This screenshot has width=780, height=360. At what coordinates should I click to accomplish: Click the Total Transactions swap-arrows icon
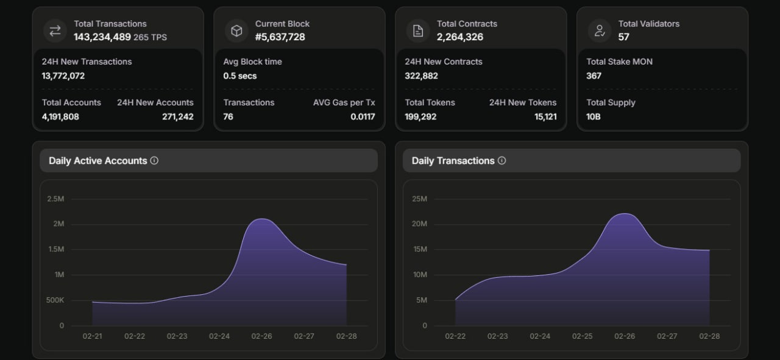pyautogui.click(x=55, y=31)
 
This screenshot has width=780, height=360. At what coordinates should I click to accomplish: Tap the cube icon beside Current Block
pyautogui.click(x=237, y=31)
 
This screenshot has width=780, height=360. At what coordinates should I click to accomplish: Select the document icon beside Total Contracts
pyautogui.click(x=418, y=31)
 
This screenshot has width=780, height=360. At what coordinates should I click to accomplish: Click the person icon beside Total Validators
pyautogui.click(x=600, y=31)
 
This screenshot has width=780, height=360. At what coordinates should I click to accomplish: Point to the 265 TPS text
pyautogui.click(x=150, y=37)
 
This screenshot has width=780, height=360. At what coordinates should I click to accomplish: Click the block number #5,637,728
pyautogui.click(x=280, y=37)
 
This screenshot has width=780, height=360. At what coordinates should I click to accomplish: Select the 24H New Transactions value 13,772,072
pyautogui.click(x=63, y=76)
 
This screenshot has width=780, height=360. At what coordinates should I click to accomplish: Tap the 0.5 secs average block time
pyautogui.click(x=240, y=76)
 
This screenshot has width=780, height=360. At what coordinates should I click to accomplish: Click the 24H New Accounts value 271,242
pyautogui.click(x=177, y=116)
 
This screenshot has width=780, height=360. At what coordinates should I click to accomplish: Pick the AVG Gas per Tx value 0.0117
pyautogui.click(x=363, y=116)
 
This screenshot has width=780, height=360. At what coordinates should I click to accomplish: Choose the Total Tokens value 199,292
pyautogui.click(x=420, y=116)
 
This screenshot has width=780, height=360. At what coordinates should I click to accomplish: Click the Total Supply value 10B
pyautogui.click(x=594, y=116)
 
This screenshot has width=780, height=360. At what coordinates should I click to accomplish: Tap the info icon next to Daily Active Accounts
pyautogui.click(x=154, y=160)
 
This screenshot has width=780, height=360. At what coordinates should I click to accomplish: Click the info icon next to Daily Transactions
pyautogui.click(x=502, y=160)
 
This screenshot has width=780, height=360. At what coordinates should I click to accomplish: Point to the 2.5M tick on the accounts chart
pyautogui.click(x=55, y=199)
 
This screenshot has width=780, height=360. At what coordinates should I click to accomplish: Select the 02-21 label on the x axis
pyautogui.click(x=92, y=336)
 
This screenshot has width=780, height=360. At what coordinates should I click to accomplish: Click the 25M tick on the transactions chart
pyautogui.click(x=420, y=199)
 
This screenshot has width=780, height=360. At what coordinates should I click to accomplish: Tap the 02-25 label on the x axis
pyautogui.click(x=582, y=336)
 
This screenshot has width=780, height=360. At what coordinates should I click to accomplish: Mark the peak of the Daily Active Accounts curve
pyautogui.click(x=262, y=219)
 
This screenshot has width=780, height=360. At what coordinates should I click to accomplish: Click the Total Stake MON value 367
pyautogui.click(x=594, y=76)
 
